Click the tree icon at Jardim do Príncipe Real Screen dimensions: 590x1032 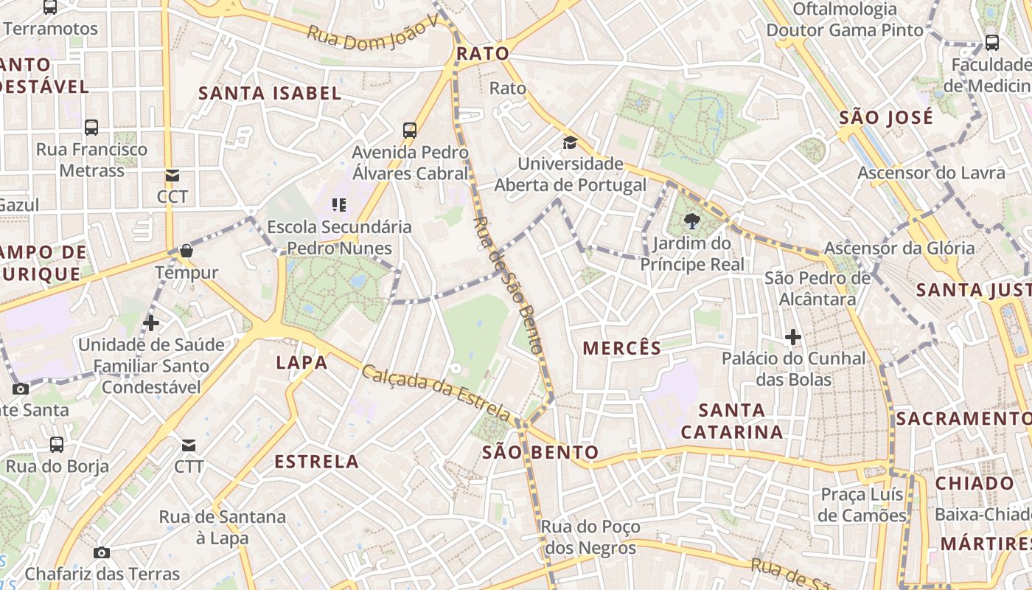tap(691, 221)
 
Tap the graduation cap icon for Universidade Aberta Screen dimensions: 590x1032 tap(570, 142)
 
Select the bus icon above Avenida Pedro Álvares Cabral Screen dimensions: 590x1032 tap(410, 131)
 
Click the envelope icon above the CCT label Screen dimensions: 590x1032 tap(172, 176)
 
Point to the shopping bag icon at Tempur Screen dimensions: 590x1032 tap(186, 251)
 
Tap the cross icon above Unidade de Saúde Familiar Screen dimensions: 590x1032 tap(151, 323)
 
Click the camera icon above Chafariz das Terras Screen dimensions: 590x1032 tap(102, 552)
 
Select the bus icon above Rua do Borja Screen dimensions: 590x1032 tap(57, 445)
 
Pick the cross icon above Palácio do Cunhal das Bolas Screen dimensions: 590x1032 tap(793, 337)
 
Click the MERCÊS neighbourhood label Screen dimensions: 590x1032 tap(622, 348)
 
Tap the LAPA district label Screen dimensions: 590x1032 tap(301, 362)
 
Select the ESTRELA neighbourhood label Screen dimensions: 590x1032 tap(317, 462)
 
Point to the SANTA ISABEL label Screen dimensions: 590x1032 tap(271, 93)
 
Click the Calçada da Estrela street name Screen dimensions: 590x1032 tap(436, 393)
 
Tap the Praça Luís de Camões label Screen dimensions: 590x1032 tap(862, 505)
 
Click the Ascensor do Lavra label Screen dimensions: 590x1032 tap(931, 173)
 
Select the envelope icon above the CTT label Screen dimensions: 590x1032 tap(189, 445)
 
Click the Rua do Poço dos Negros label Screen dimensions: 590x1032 tap(590, 538)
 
